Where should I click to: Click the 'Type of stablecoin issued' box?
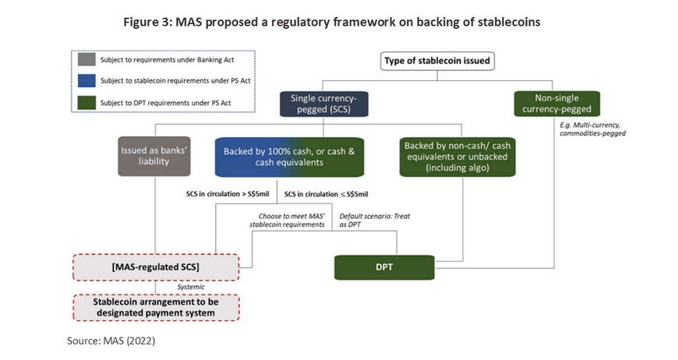437,61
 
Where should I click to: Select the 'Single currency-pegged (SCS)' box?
324,104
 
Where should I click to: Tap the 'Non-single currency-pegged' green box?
557,104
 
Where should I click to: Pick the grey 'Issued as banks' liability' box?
154,157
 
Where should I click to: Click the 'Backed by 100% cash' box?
289,157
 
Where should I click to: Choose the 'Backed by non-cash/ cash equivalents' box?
457,157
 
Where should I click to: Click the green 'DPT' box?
384,267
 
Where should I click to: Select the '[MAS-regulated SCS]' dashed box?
156,267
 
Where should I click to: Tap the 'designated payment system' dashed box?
156,308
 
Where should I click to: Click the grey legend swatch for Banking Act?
87,59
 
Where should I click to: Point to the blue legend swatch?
87,81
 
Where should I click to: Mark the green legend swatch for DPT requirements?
87,103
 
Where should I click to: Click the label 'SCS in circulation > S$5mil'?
228,194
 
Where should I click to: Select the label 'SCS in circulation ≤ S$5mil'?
326,195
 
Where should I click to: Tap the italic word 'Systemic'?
191,287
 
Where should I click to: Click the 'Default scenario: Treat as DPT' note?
375,221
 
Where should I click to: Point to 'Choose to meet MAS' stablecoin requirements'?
287,221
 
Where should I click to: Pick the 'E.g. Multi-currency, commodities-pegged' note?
592,129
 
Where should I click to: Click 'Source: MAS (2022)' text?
111,341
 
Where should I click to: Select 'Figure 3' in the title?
148,22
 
